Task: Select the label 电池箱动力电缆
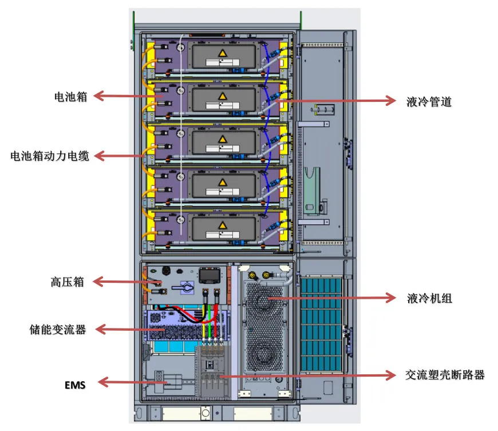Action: (x=50, y=156)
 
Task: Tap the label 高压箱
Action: (x=67, y=282)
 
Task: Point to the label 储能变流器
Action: (x=58, y=330)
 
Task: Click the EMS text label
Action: (x=75, y=385)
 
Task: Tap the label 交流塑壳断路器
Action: (x=445, y=375)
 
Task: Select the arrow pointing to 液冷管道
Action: (x=338, y=101)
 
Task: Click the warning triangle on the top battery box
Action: (x=221, y=53)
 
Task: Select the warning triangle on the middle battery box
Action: (x=221, y=139)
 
